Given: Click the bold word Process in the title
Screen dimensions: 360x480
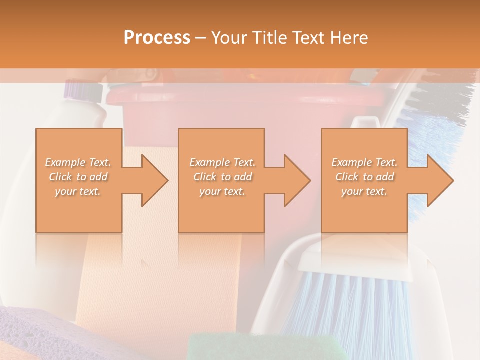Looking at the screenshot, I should coord(157,37).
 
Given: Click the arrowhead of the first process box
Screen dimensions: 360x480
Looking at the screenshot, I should coord(152,180).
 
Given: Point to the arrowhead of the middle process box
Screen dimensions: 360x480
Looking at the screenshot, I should coord(295,180).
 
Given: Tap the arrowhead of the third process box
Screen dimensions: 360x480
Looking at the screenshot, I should coord(438,180).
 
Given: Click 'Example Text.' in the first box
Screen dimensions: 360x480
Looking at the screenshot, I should coord(78,162).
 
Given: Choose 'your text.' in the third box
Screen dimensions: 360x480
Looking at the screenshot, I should coord(364,191).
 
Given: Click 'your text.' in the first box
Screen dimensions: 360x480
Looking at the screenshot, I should coord(78,191).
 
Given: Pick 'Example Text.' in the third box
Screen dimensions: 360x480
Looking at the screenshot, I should coord(364,162).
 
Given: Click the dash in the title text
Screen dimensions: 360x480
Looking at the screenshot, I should coord(201,38).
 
